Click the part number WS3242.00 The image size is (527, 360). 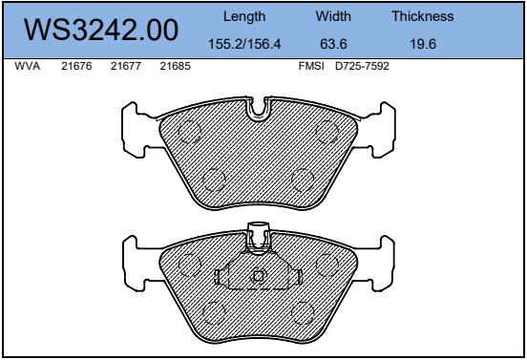(x=101, y=31)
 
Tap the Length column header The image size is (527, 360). (x=244, y=16)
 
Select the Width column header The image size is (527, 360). (x=333, y=16)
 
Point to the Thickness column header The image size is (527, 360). (x=423, y=16)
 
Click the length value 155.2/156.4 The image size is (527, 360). (x=244, y=44)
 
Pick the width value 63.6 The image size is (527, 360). (x=333, y=44)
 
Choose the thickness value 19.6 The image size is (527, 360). (x=423, y=44)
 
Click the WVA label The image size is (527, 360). (x=28, y=66)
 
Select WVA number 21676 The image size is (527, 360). (x=76, y=66)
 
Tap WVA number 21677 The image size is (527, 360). (x=126, y=66)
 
